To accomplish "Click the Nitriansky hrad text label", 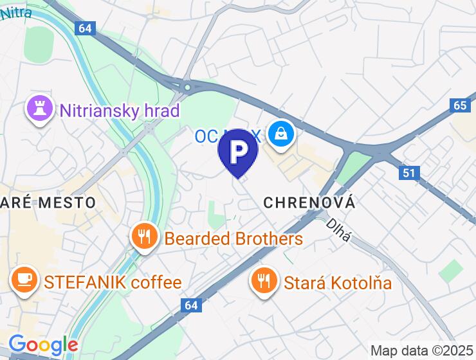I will tap(119, 111).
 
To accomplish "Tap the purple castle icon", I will tap(39, 109).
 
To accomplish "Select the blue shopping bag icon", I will tap(282, 134).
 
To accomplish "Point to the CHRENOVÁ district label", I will tap(309, 203).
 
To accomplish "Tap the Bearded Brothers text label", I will tap(233, 239).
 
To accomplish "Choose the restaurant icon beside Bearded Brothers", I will tap(144, 237).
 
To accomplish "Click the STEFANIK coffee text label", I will tap(113, 282).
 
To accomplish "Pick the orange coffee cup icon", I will tap(24, 280).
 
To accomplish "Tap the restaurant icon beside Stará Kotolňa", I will tap(264, 280).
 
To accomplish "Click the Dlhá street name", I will tap(338, 230).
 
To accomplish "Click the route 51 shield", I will tap(410, 172).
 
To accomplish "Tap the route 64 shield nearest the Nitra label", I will tap(84, 28).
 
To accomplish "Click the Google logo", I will tap(43, 345).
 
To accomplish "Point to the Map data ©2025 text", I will tap(422, 351).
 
